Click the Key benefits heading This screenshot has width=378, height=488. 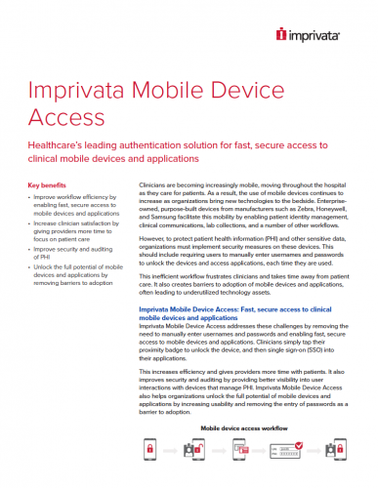[x=49, y=185]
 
